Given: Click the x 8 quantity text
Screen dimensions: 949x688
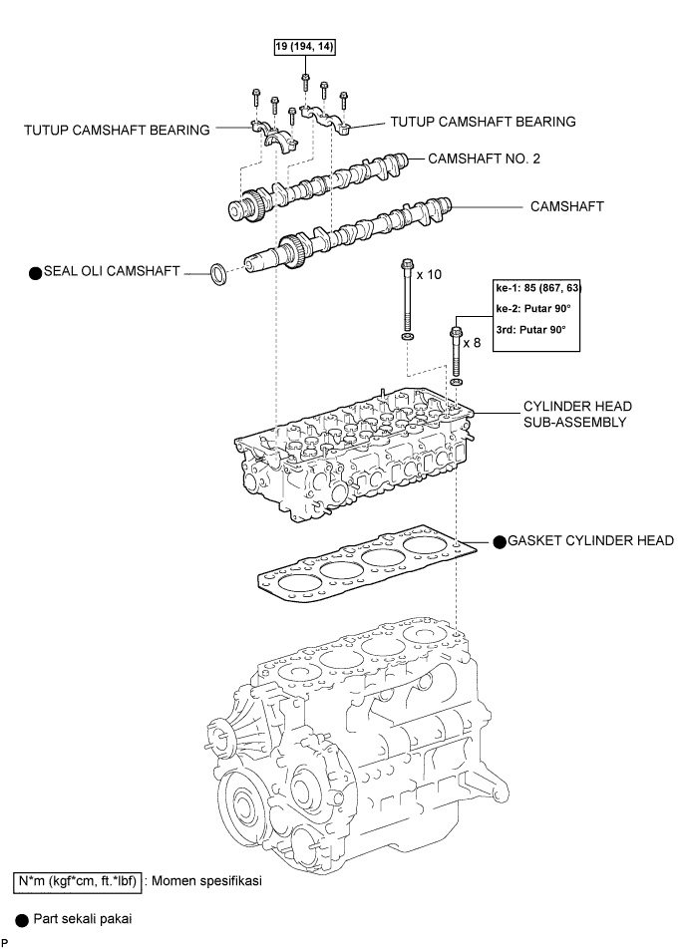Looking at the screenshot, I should point(481,342).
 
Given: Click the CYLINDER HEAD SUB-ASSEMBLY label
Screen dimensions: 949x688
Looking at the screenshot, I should point(576,414).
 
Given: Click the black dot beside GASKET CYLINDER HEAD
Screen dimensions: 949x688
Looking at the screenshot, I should point(499,541).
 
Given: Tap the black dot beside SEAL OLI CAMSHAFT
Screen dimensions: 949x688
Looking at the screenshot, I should point(35,272).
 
